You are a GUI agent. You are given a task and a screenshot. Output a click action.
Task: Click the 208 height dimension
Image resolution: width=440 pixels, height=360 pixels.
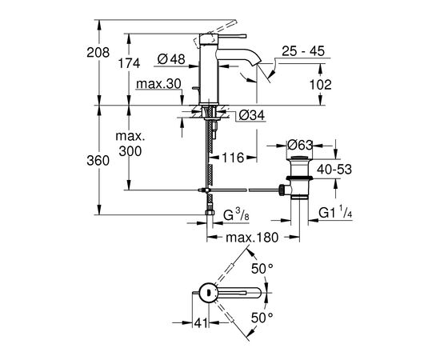[x=98, y=53]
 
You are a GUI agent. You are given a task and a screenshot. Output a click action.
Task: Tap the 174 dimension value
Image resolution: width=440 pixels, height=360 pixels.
[x=129, y=63]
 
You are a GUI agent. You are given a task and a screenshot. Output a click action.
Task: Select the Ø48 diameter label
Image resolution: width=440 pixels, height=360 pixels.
[x=171, y=59]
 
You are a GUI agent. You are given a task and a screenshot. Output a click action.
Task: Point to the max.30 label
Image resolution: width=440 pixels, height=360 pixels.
[x=158, y=84]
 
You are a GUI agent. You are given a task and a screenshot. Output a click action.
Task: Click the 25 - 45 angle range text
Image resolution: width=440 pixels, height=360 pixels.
[x=303, y=51]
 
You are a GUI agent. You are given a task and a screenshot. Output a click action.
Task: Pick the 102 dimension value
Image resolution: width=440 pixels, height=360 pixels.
[x=320, y=85]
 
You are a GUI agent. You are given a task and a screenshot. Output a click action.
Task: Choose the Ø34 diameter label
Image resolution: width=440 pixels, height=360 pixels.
[x=252, y=115]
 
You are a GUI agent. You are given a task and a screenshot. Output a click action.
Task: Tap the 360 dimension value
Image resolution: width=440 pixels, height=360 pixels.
[x=98, y=161]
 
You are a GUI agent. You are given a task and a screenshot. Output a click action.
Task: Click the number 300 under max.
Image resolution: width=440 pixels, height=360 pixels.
[x=130, y=151]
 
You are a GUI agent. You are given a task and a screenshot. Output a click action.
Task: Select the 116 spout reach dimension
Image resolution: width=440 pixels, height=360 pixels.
[x=233, y=158]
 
